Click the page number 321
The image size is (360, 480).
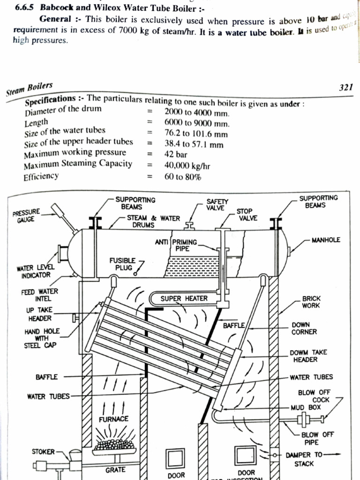click(345, 88)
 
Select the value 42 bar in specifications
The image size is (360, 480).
click(176, 154)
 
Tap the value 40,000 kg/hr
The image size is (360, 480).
click(187, 165)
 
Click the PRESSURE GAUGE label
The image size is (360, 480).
click(27, 215)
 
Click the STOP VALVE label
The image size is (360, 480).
click(245, 215)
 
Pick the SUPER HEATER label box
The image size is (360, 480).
click(184, 298)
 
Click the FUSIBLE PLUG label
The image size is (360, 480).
click(122, 263)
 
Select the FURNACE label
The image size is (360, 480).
click(113, 419)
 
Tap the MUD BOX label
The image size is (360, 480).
click(306, 407)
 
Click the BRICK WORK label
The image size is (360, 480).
click(311, 301)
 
